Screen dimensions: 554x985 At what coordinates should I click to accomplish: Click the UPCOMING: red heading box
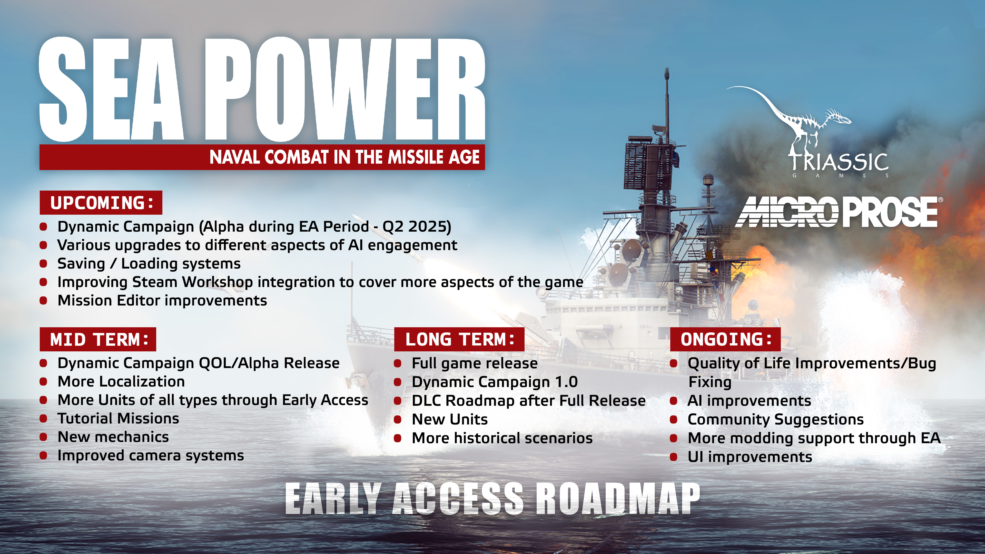pyautogui.click(x=101, y=203)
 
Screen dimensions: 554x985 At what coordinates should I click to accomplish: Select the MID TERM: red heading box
pyautogui.click(x=98, y=339)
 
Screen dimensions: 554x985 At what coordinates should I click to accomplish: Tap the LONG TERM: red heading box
pyautogui.click(x=459, y=339)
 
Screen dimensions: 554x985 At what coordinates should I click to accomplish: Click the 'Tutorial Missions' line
pyautogui.click(x=118, y=419)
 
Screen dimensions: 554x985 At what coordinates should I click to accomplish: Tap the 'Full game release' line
pyautogui.click(x=475, y=363)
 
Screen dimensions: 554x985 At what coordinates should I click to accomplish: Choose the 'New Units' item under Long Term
pyautogui.click(x=450, y=419)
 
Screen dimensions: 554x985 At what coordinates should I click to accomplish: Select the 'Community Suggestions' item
pyautogui.click(x=775, y=419)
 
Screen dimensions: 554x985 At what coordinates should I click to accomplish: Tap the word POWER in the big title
pyautogui.click(x=344, y=90)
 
